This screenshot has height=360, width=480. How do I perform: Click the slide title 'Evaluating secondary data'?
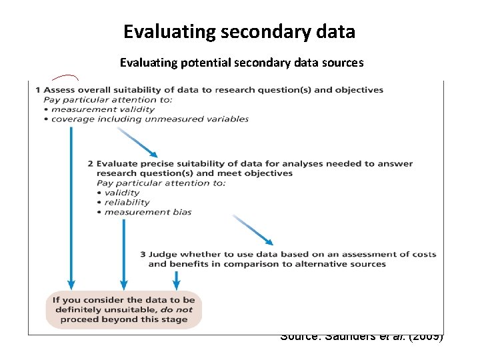click(x=239, y=31)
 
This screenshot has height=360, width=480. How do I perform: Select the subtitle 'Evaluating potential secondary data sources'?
click(x=241, y=63)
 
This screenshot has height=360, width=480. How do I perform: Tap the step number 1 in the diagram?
click(x=38, y=90)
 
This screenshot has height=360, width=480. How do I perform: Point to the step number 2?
click(x=91, y=163)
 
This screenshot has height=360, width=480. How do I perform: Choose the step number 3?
click(x=143, y=254)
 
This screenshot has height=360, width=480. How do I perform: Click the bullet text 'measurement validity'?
click(x=103, y=109)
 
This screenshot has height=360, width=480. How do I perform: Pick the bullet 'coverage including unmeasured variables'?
click(x=149, y=119)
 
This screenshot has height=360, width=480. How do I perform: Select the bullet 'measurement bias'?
click(x=148, y=212)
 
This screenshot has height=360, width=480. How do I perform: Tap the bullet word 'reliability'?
click(x=127, y=202)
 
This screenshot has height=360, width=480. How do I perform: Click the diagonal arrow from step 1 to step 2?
click(x=137, y=141)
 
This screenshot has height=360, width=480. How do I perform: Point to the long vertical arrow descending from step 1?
click(x=71, y=207)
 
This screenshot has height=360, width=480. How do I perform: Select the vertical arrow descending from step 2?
click(x=123, y=253)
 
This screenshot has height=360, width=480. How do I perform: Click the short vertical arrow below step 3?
click(x=176, y=279)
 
